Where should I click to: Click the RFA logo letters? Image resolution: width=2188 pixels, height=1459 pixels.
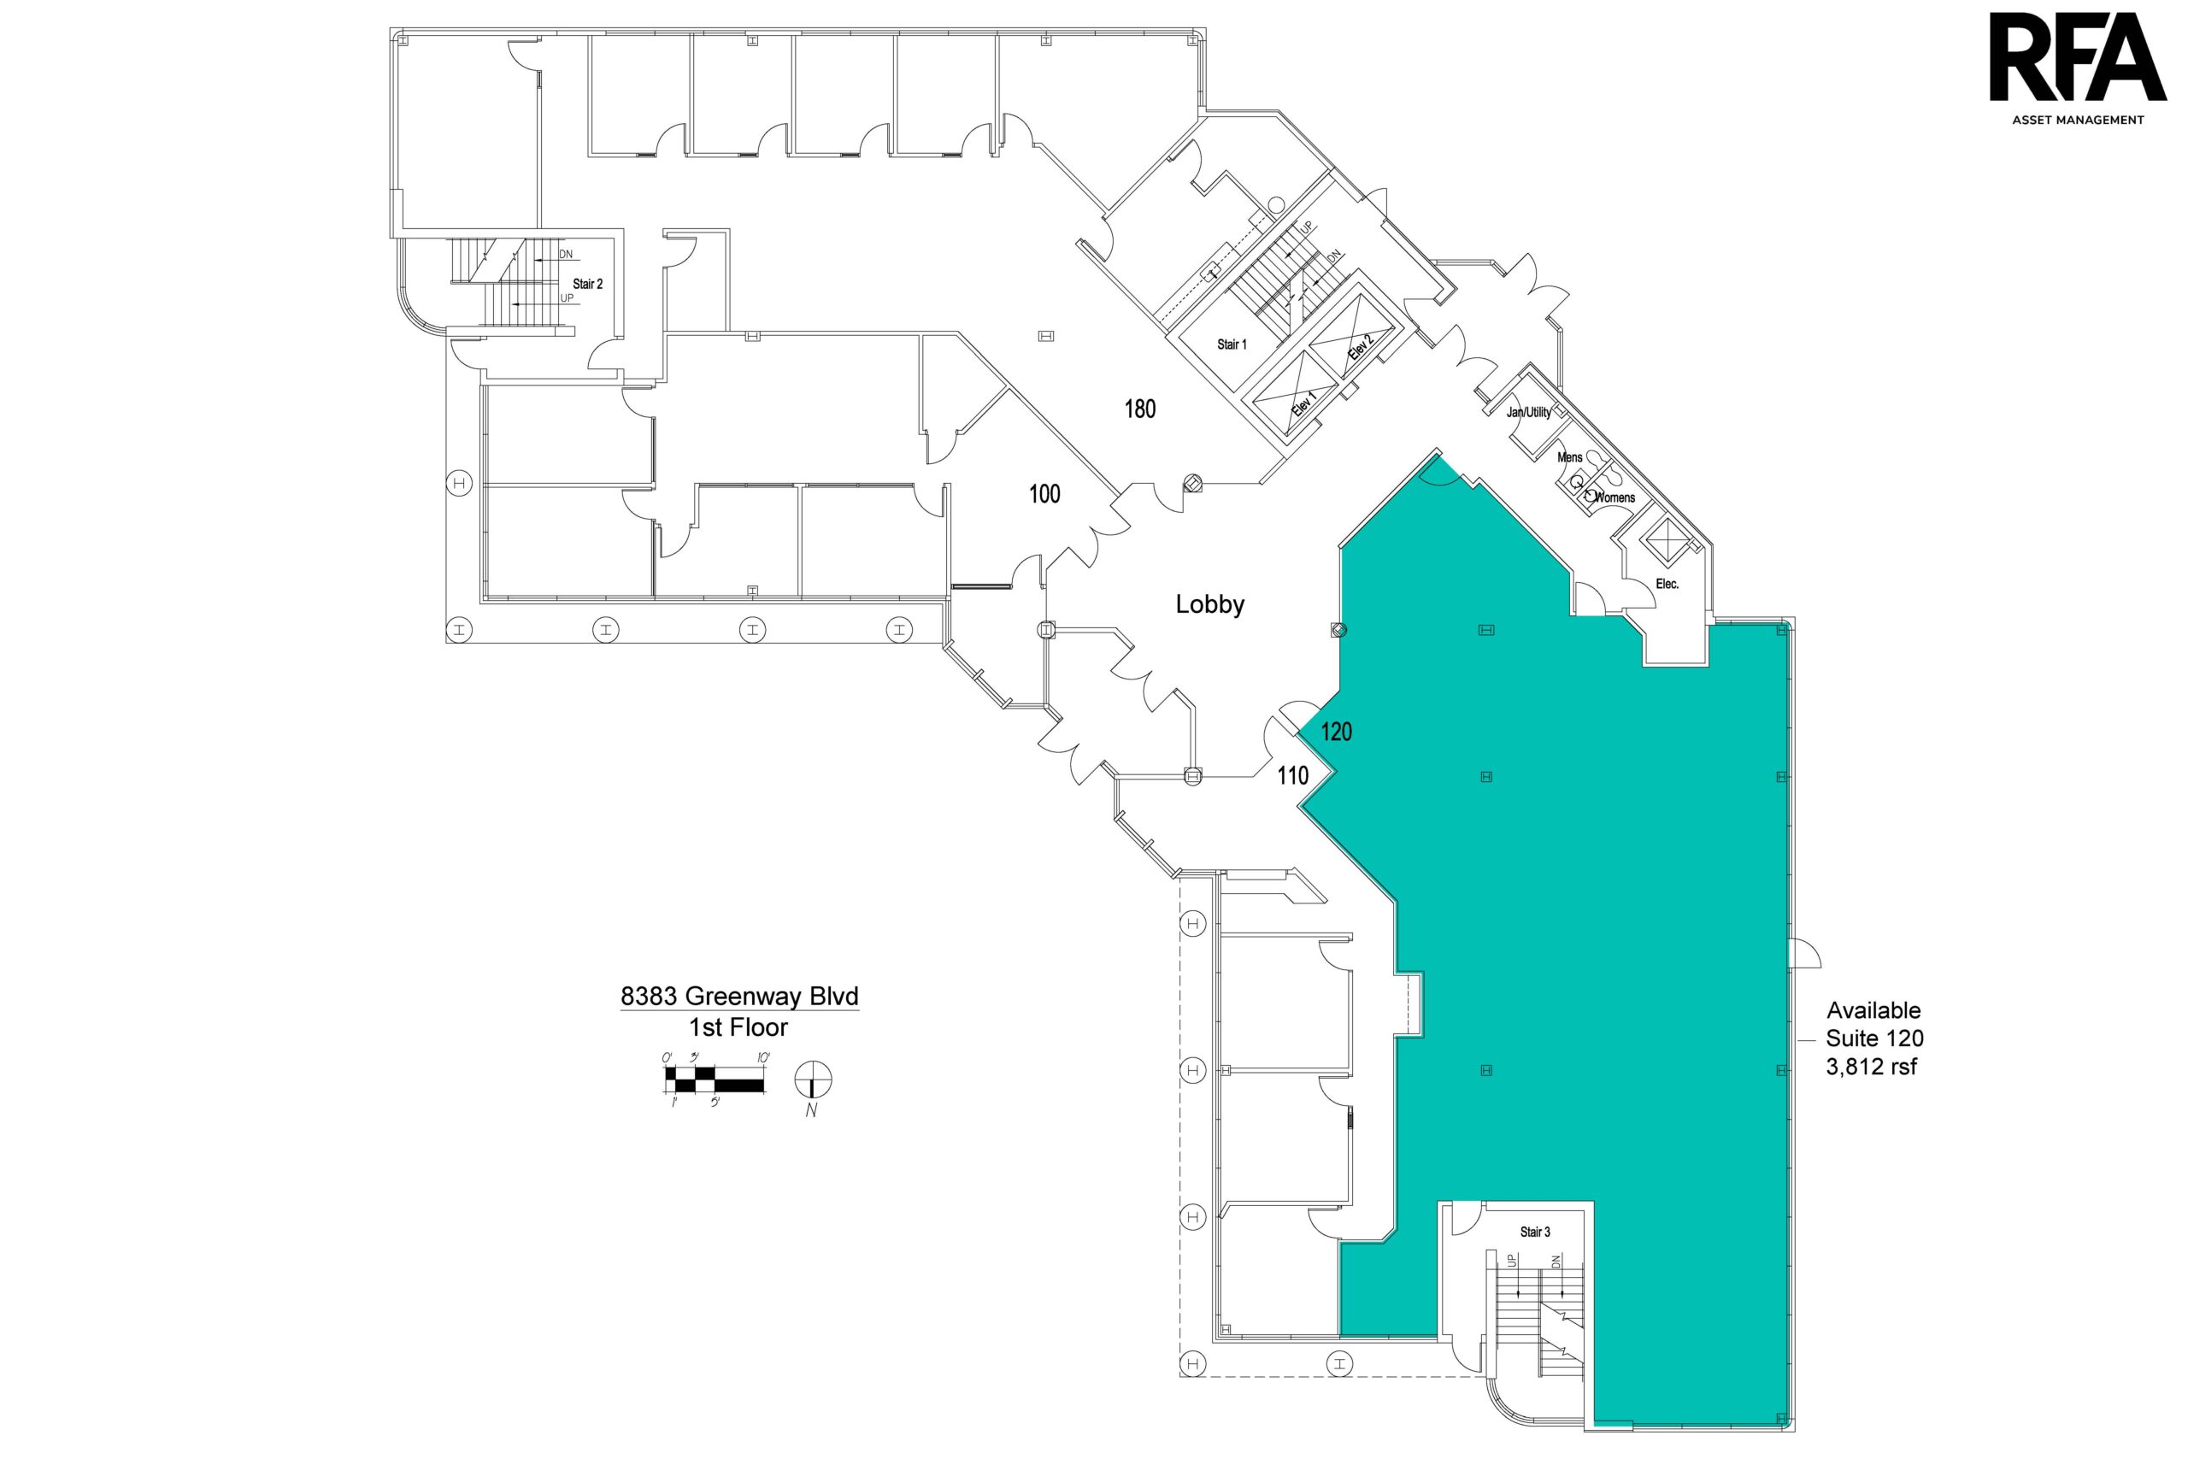(2074, 56)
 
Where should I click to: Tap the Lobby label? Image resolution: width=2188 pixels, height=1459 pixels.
(1209, 605)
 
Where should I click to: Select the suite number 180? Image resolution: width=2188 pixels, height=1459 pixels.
(1139, 409)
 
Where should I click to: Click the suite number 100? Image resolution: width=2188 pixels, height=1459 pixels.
(1044, 494)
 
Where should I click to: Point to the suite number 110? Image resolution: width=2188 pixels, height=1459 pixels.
(1292, 775)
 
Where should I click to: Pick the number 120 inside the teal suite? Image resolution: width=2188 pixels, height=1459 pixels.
(1336, 732)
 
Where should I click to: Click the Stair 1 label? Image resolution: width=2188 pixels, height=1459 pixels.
(1232, 344)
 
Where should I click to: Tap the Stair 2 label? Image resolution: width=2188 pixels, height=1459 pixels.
(587, 284)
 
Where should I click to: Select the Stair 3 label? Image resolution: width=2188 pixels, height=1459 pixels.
(1535, 1232)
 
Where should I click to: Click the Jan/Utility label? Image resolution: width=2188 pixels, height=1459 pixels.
(1528, 412)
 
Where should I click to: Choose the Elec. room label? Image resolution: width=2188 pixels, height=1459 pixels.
(1667, 585)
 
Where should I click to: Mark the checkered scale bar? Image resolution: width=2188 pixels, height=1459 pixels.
(715, 1080)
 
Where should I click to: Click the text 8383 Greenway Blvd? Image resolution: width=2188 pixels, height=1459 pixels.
(739, 997)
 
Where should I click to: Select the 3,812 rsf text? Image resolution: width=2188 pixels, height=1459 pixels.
(1872, 1068)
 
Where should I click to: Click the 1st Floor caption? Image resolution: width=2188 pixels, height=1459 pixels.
(738, 1027)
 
